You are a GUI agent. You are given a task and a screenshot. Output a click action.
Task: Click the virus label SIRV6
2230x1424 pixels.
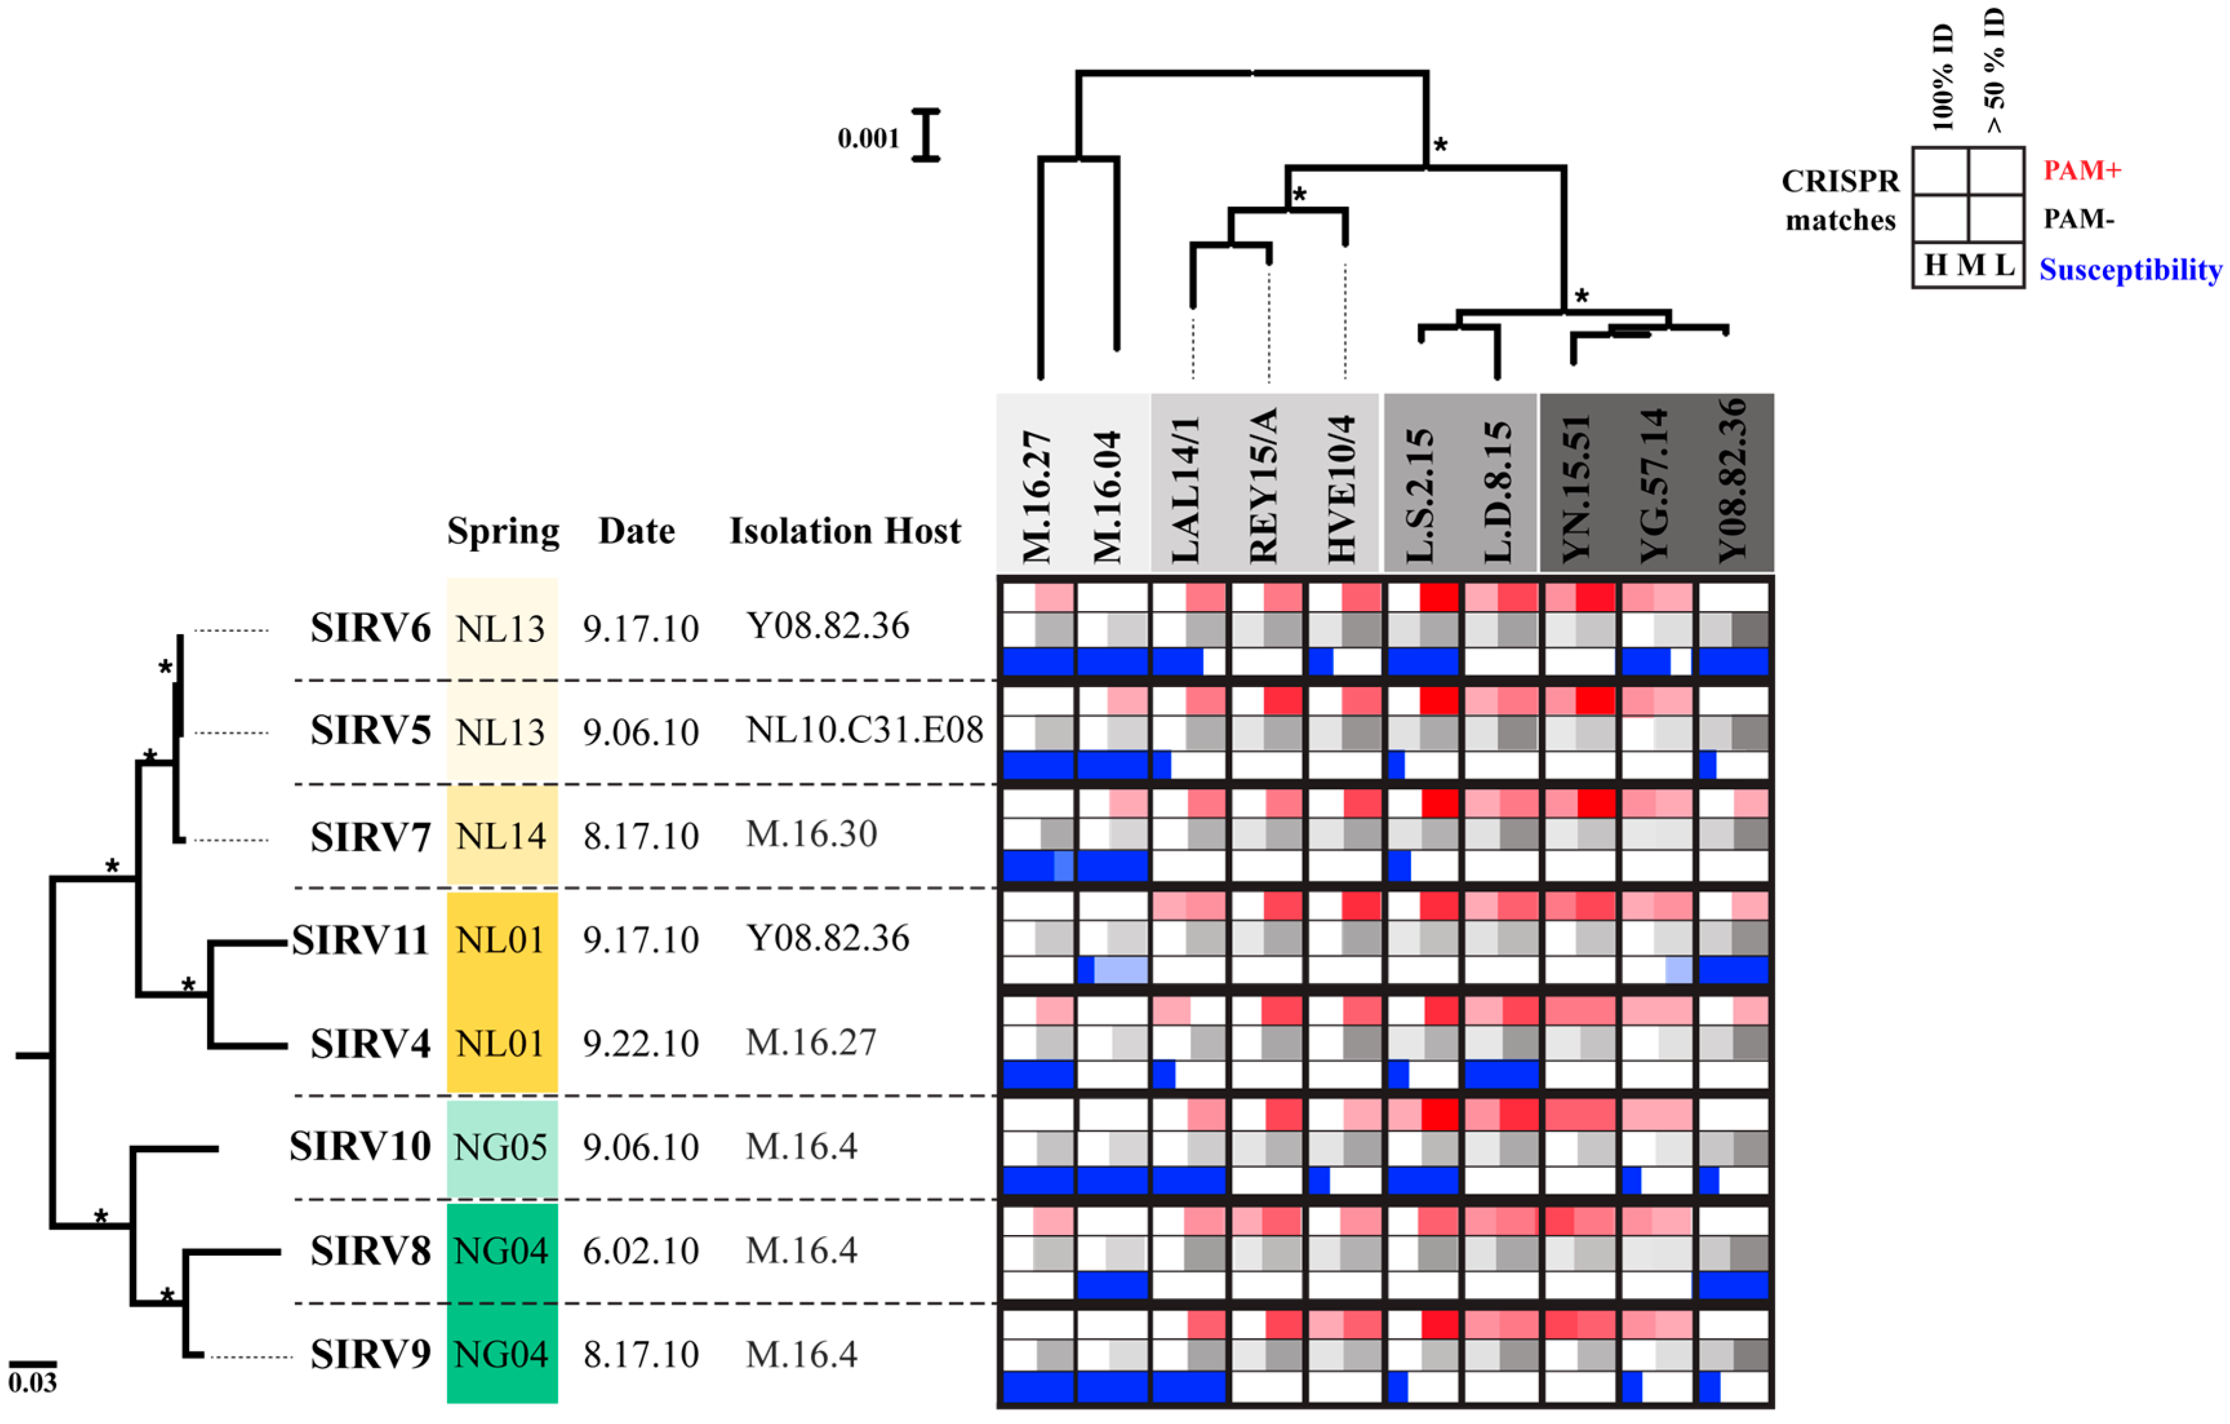point(370,628)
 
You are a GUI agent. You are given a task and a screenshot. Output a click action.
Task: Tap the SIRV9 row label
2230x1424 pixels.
point(370,1354)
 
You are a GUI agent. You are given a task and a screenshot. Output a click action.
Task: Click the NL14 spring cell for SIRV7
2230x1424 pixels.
point(502,837)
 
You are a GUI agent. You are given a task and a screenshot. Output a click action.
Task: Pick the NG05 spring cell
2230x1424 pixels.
point(502,1148)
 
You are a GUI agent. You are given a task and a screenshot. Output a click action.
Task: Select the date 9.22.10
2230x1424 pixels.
point(641,1044)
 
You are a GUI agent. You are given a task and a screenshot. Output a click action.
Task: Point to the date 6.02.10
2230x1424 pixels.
point(641,1252)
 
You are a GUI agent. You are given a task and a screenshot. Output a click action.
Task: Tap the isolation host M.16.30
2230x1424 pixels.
point(811,835)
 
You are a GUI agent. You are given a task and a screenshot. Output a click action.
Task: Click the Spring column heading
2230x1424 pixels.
point(503,532)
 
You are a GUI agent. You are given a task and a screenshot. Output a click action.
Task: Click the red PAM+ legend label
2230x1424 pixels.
point(2082,170)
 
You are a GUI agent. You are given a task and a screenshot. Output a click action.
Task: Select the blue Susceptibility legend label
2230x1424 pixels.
point(2130,270)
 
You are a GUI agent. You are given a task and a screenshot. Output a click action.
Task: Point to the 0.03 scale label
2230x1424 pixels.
point(32,1383)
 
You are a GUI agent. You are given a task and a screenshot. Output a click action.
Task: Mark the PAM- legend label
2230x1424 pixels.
point(2079,219)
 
